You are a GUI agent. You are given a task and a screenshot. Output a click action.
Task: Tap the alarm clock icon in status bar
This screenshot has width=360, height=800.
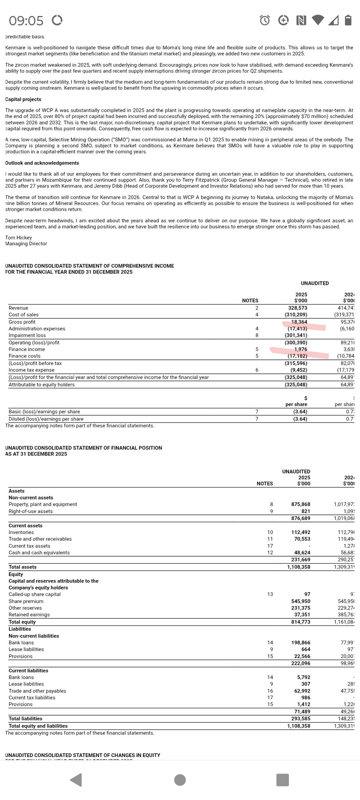[265, 20]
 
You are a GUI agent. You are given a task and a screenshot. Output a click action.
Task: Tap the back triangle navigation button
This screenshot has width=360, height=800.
[76, 780]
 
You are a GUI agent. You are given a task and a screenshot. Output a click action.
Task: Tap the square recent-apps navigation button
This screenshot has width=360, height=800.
[282, 780]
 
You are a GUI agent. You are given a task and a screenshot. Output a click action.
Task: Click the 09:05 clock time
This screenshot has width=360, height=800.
[26, 20]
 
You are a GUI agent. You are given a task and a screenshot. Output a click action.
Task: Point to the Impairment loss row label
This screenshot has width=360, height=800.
[27, 335]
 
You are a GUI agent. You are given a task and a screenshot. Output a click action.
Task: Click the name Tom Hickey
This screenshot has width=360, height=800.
[18, 237]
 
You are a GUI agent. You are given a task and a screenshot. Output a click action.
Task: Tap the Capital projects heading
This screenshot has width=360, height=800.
[23, 99]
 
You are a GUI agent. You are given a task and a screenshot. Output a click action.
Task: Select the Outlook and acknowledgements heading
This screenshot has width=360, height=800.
[42, 163]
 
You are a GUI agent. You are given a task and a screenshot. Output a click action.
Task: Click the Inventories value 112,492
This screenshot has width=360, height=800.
[301, 532]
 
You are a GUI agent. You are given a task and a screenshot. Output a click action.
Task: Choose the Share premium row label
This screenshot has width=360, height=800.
[26, 601]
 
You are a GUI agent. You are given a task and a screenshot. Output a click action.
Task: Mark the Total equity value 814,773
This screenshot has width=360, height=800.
[301, 622]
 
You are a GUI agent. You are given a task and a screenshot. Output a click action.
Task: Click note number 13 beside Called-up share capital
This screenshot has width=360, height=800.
[270, 594]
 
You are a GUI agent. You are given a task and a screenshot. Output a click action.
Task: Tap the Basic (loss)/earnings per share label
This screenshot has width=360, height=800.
[44, 412]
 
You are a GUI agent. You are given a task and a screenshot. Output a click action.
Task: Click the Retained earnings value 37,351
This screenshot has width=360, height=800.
[302, 614]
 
